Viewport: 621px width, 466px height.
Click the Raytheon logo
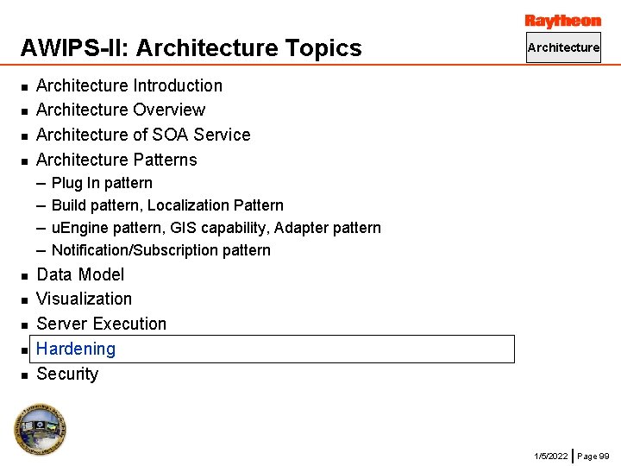(x=562, y=21)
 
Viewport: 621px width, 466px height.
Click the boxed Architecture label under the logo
(x=563, y=47)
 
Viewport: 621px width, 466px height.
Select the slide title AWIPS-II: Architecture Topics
(x=191, y=48)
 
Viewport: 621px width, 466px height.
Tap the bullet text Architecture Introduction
(x=129, y=85)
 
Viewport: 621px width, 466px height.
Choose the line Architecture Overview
(x=121, y=110)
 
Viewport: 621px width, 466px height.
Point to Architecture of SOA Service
(x=143, y=135)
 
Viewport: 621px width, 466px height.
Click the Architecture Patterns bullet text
(x=116, y=160)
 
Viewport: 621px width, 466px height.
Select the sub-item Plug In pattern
(x=102, y=183)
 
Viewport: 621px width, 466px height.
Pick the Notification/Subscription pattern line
(x=161, y=250)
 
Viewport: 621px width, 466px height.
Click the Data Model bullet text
(x=80, y=274)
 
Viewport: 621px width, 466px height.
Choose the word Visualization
(x=85, y=299)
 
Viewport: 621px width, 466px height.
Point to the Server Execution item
(x=102, y=324)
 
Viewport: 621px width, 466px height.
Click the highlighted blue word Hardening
(x=76, y=349)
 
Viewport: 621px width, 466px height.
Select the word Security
(x=67, y=374)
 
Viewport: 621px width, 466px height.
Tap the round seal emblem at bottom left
(x=40, y=429)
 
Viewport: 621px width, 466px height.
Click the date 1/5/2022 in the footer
(x=551, y=455)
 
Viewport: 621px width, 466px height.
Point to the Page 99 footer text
(x=593, y=455)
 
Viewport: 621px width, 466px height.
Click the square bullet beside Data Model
(x=25, y=275)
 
